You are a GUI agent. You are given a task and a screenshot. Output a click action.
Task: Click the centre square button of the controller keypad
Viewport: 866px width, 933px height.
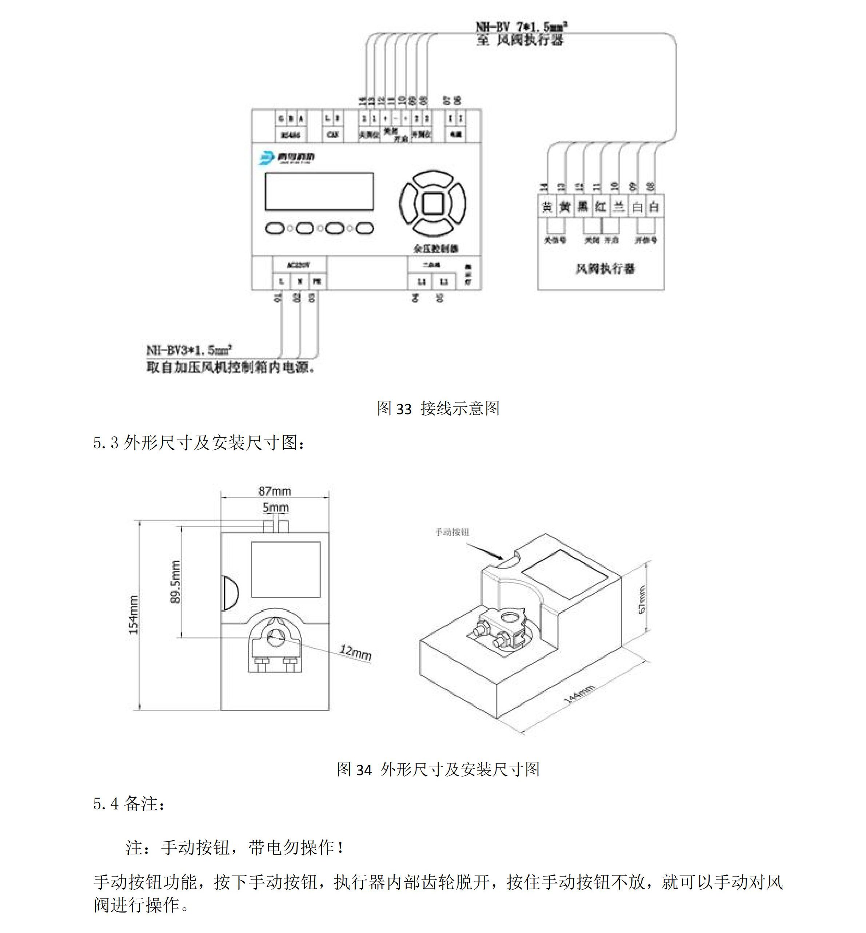click(x=432, y=203)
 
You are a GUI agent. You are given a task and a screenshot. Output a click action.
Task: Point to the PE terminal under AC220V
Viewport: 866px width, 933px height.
click(x=317, y=282)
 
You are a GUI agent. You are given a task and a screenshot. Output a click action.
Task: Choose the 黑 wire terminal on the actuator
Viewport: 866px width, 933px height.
click(x=583, y=206)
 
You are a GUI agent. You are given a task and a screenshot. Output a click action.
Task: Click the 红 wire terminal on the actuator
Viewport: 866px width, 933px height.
click(x=600, y=206)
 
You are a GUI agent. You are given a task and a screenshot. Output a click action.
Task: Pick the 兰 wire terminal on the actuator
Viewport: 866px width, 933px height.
click(x=619, y=206)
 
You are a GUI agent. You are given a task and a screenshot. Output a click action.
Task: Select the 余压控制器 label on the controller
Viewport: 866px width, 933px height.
click(x=435, y=249)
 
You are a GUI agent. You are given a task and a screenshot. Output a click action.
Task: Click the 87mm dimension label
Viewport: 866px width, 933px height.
click(x=275, y=491)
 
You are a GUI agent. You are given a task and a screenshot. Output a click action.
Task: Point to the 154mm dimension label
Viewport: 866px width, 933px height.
click(x=133, y=615)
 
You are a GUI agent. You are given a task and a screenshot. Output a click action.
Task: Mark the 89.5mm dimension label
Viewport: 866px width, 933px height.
click(x=175, y=581)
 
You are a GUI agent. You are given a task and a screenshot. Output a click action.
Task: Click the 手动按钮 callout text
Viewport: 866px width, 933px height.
click(x=452, y=532)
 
